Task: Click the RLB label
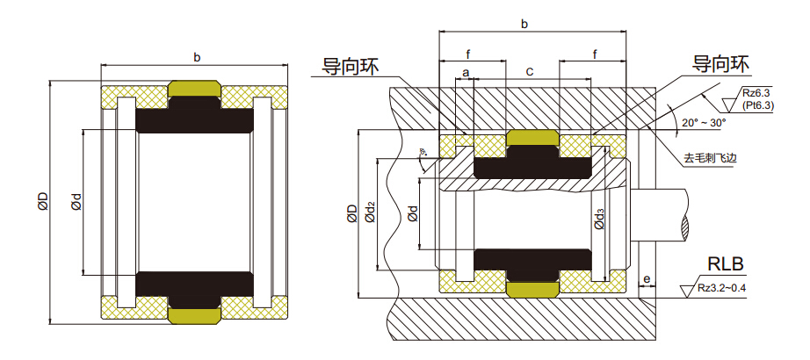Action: point(725,264)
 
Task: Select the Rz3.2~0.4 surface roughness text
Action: point(727,287)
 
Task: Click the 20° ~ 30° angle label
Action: point(704,123)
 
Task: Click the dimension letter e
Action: point(647,280)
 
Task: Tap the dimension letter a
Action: point(465,70)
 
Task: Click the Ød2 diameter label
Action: point(370,211)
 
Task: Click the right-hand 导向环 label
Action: point(720,64)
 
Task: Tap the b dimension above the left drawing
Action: point(196,58)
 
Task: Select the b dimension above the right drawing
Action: point(524,25)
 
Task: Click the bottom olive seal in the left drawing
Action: point(194,314)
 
